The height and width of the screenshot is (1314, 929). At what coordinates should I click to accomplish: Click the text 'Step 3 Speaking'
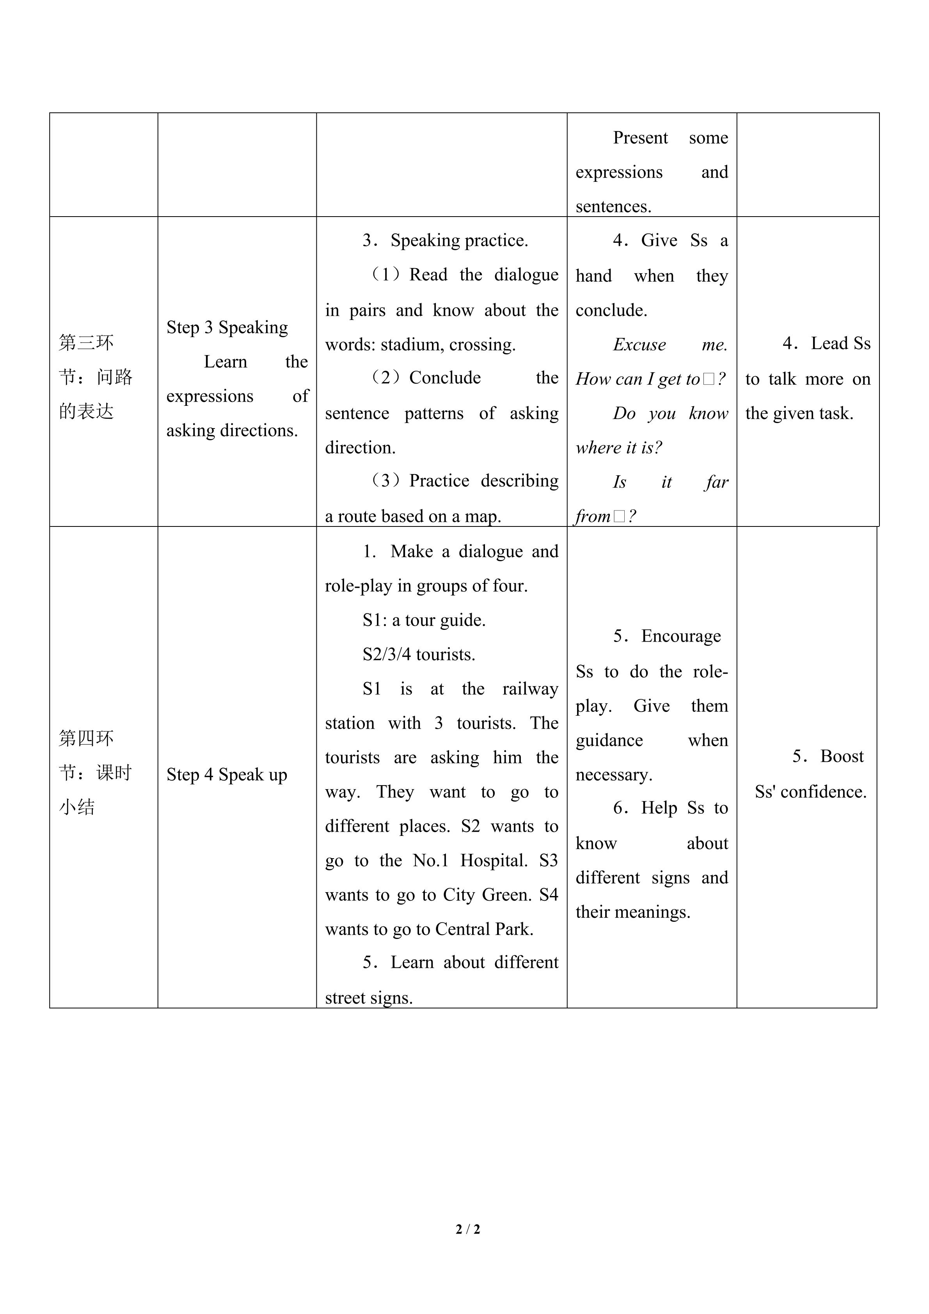[227, 327]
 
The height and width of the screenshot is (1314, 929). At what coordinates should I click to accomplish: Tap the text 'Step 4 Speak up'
[227, 775]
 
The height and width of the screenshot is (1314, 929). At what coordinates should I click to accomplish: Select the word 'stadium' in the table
[411, 345]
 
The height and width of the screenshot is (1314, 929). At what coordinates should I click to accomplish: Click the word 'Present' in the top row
[640, 138]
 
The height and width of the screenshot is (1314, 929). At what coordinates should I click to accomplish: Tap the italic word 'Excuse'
[639, 345]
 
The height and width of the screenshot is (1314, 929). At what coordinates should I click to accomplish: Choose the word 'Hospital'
[494, 861]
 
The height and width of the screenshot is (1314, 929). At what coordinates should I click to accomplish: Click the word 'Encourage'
[681, 637]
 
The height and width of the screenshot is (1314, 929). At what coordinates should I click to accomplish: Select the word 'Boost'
[842, 757]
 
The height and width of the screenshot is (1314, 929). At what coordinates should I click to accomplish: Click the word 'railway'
[530, 689]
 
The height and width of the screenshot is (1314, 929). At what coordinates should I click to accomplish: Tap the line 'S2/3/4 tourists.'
[419, 655]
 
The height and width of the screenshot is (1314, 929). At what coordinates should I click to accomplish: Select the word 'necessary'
[613, 775]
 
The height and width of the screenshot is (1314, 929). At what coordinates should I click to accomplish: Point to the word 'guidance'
[609, 741]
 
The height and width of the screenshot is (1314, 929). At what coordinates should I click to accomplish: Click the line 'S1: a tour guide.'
[424, 621]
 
